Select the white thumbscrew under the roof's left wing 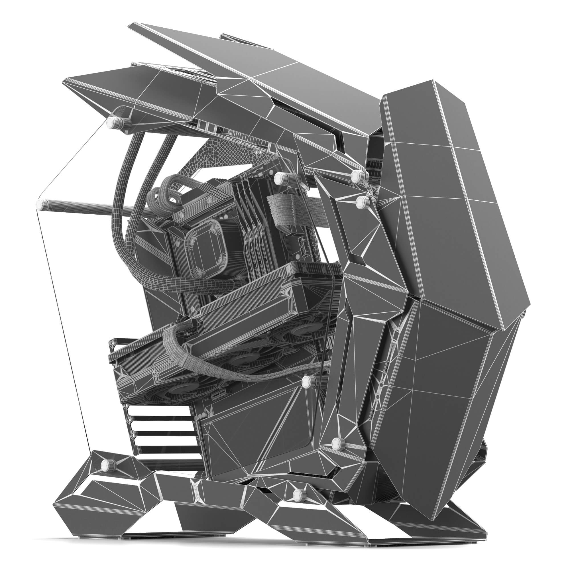coord(112,121)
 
